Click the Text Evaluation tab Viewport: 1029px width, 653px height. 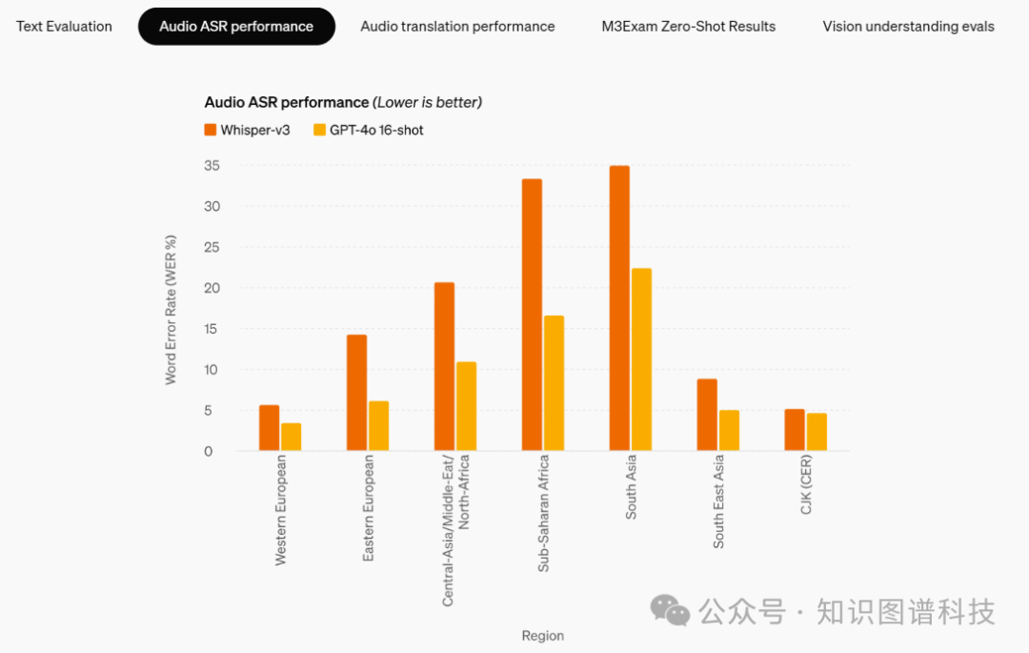point(64,27)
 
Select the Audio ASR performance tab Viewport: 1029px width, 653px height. point(236,27)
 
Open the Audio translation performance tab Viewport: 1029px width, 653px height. point(457,27)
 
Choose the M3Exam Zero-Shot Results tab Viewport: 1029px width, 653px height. point(688,27)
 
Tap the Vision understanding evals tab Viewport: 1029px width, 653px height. point(908,27)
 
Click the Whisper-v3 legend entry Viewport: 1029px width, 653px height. point(247,130)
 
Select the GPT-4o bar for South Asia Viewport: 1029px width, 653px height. point(641,359)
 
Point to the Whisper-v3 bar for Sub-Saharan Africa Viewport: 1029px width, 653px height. point(532,315)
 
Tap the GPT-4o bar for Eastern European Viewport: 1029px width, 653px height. point(378,425)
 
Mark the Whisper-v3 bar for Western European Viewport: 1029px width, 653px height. point(269,428)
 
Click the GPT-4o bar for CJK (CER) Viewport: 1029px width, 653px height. point(817,432)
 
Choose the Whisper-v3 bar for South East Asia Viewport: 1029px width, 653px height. point(707,415)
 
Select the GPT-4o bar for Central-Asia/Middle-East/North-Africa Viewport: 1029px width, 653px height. point(466,406)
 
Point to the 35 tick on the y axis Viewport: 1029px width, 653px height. point(212,166)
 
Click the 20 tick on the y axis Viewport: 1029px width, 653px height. point(212,288)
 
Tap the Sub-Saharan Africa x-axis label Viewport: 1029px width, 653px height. point(543,513)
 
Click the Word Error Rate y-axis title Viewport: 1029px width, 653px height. point(171,309)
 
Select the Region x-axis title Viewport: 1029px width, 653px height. point(543,636)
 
